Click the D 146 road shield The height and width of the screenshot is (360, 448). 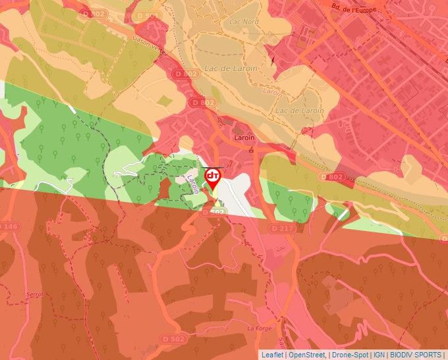(9, 227)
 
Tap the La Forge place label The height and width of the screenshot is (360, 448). (260, 327)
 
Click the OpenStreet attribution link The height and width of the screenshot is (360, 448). (307, 355)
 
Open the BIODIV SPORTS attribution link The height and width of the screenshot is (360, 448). (416, 355)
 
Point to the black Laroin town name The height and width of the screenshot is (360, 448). (244, 138)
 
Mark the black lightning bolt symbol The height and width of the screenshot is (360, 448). (271, 61)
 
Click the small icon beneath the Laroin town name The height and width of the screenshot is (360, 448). (251, 150)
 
